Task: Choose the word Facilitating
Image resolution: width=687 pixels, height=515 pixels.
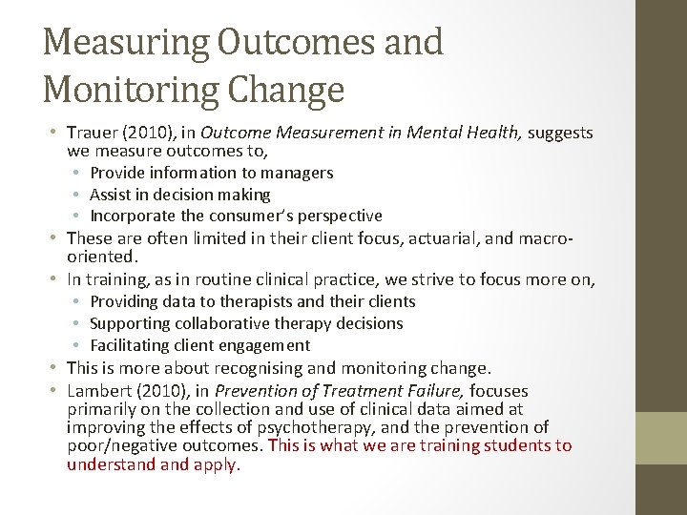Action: tap(134, 345)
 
